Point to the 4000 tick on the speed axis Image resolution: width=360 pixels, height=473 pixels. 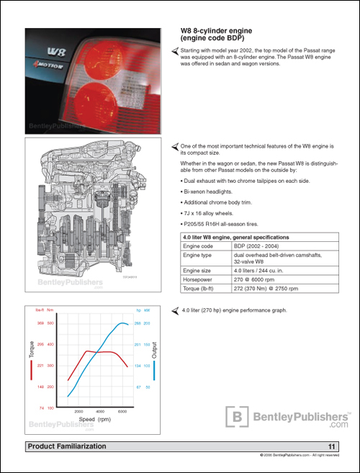100,411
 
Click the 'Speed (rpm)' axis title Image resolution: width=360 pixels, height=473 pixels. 94,418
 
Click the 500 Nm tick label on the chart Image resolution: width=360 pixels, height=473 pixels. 50,323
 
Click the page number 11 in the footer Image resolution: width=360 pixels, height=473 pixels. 331,447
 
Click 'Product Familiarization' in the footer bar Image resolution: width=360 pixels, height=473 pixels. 66,447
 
